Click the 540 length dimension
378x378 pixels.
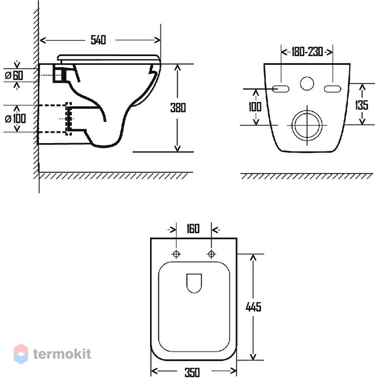[x=98, y=40]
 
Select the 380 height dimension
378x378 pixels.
[x=178, y=108]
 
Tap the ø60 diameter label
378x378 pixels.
[x=14, y=76]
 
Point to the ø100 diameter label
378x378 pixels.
[x=16, y=119]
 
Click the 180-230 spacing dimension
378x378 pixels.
[x=307, y=52]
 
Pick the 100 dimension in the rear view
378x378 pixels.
[x=255, y=106]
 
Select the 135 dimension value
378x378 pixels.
[x=362, y=105]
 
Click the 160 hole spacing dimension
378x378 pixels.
[x=193, y=228]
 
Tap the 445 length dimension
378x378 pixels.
[x=253, y=307]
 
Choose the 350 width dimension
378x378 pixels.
[x=192, y=372]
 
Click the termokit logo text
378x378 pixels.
[x=62, y=354]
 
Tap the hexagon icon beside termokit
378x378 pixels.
[x=21, y=354]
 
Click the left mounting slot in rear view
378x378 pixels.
[x=281, y=89]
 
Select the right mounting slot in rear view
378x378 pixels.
[x=333, y=89]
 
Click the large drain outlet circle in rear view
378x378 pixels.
[x=307, y=110]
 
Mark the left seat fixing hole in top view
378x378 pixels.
[x=176, y=254]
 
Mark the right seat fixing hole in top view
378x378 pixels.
[x=212, y=254]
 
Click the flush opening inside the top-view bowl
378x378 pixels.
[x=194, y=283]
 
